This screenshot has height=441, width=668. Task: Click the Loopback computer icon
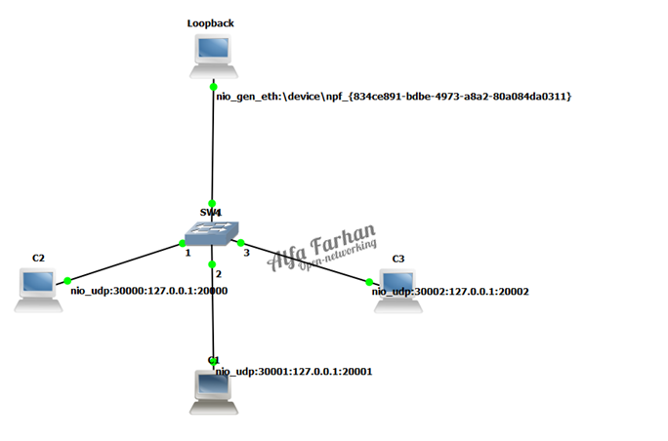click(212, 55)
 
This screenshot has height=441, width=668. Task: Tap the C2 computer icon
click(38, 289)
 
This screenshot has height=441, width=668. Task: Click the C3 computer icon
click(398, 290)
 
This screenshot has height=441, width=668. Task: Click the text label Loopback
click(210, 21)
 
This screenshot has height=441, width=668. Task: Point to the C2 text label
click(38, 258)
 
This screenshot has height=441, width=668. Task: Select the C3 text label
click(397, 259)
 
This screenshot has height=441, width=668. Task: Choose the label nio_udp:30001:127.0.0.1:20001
click(294, 372)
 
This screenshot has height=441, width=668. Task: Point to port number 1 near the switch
click(188, 254)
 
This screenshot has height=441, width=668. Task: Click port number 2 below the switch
click(220, 274)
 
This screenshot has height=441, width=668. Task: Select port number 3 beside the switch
click(246, 254)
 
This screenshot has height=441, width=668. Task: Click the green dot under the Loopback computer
click(213, 88)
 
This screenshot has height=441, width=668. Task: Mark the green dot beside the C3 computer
click(370, 282)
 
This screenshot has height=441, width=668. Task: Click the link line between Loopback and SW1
click(213, 146)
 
